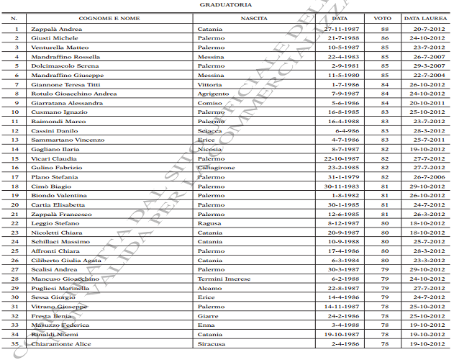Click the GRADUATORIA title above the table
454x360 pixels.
[227, 5]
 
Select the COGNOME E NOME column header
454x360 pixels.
[109, 18]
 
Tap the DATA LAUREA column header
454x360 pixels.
[423, 18]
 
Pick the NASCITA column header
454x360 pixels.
[255, 18]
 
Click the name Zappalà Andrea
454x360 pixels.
[57, 29]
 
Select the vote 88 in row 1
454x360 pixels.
[385, 29]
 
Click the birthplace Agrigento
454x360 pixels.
[213, 94]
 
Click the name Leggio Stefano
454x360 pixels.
[55, 223]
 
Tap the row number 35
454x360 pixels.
[16, 343]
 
